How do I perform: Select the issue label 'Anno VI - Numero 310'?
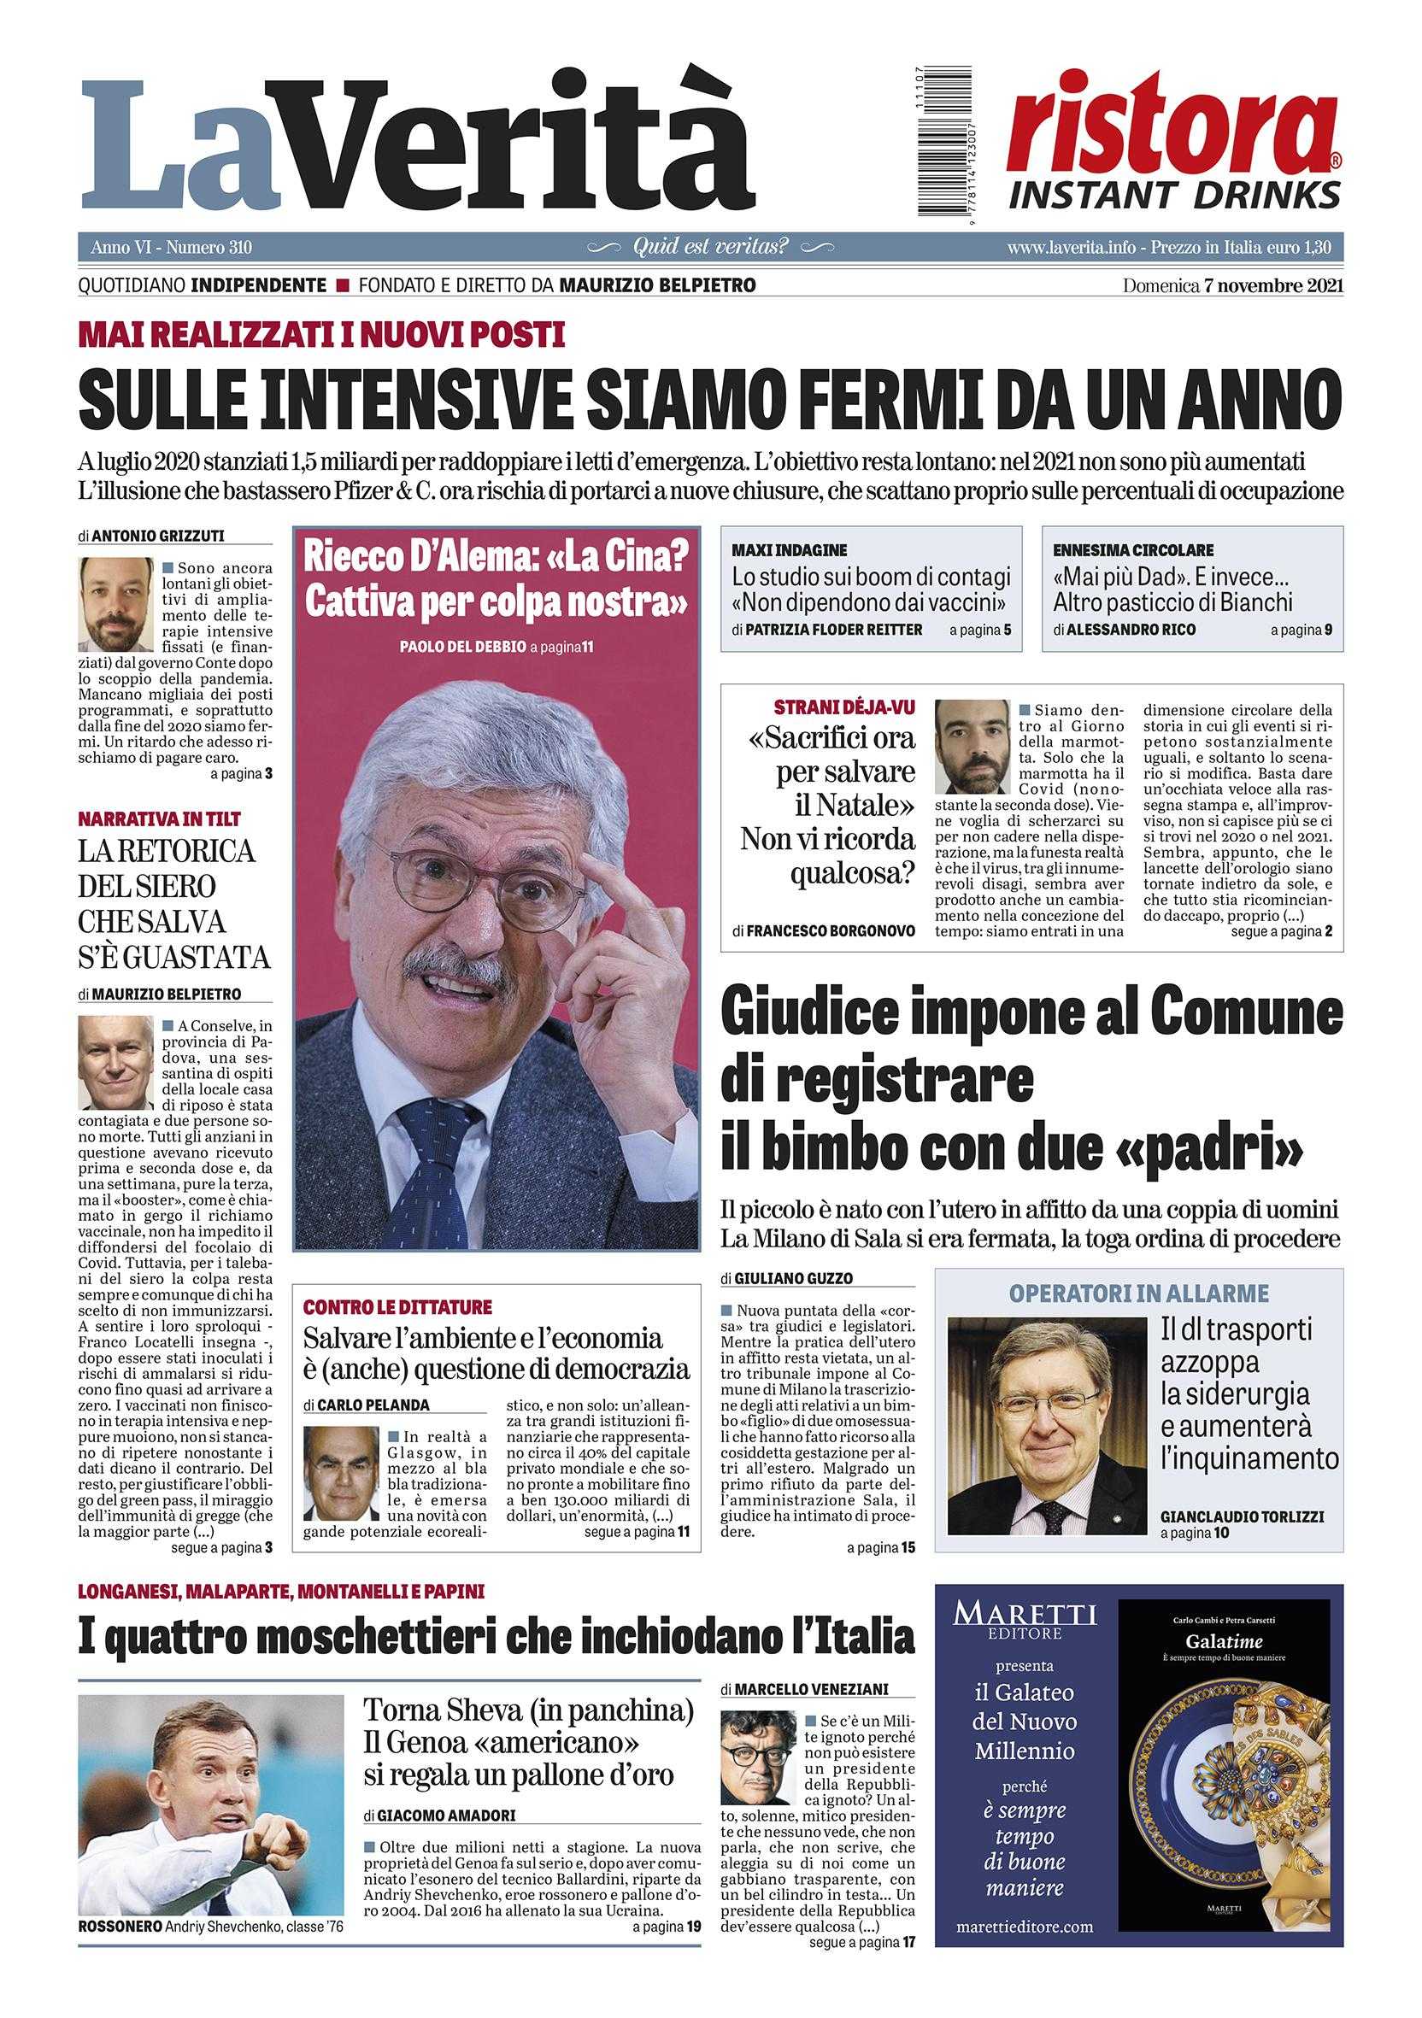pos(172,248)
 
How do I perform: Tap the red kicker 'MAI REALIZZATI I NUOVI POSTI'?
pos(321,335)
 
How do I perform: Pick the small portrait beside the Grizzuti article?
pos(116,605)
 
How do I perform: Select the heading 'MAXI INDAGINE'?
pos(790,550)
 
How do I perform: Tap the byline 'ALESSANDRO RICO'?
pos(1131,630)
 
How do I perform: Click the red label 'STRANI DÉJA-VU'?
pos(843,707)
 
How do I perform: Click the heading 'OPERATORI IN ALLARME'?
pos(1138,1294)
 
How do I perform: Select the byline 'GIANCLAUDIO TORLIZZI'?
pos(1242,1516)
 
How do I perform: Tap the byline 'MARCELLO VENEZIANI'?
pos(811,1688)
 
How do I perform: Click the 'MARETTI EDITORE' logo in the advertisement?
pos(1025,1621)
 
